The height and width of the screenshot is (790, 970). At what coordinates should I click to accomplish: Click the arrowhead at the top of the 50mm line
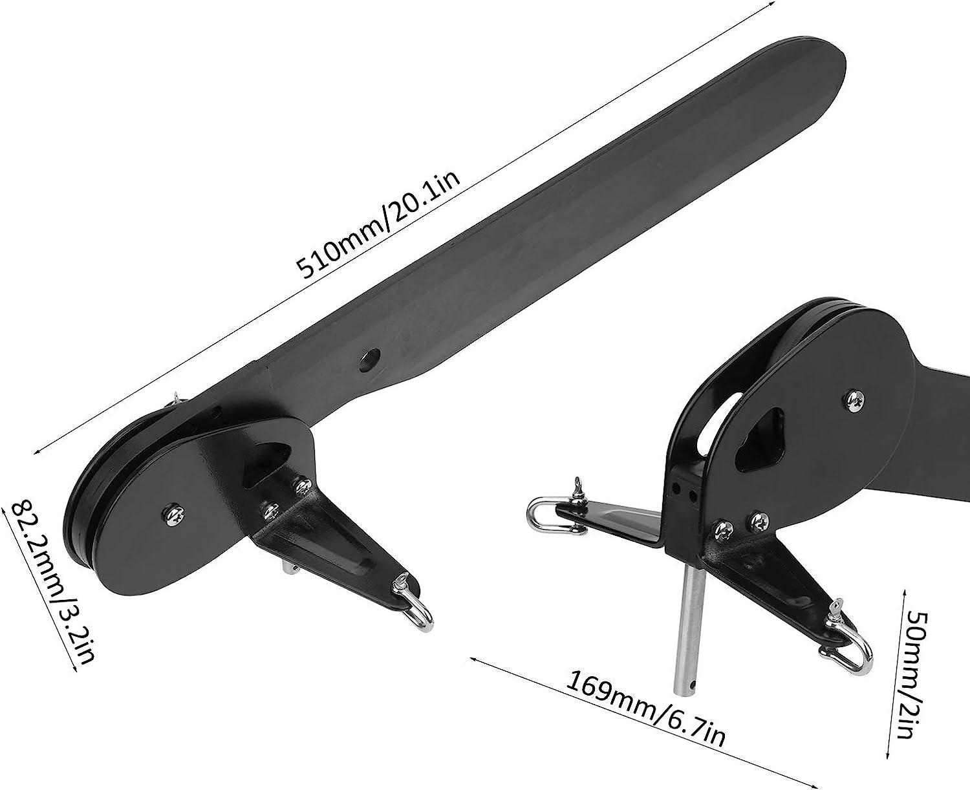[x=906, y=590]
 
